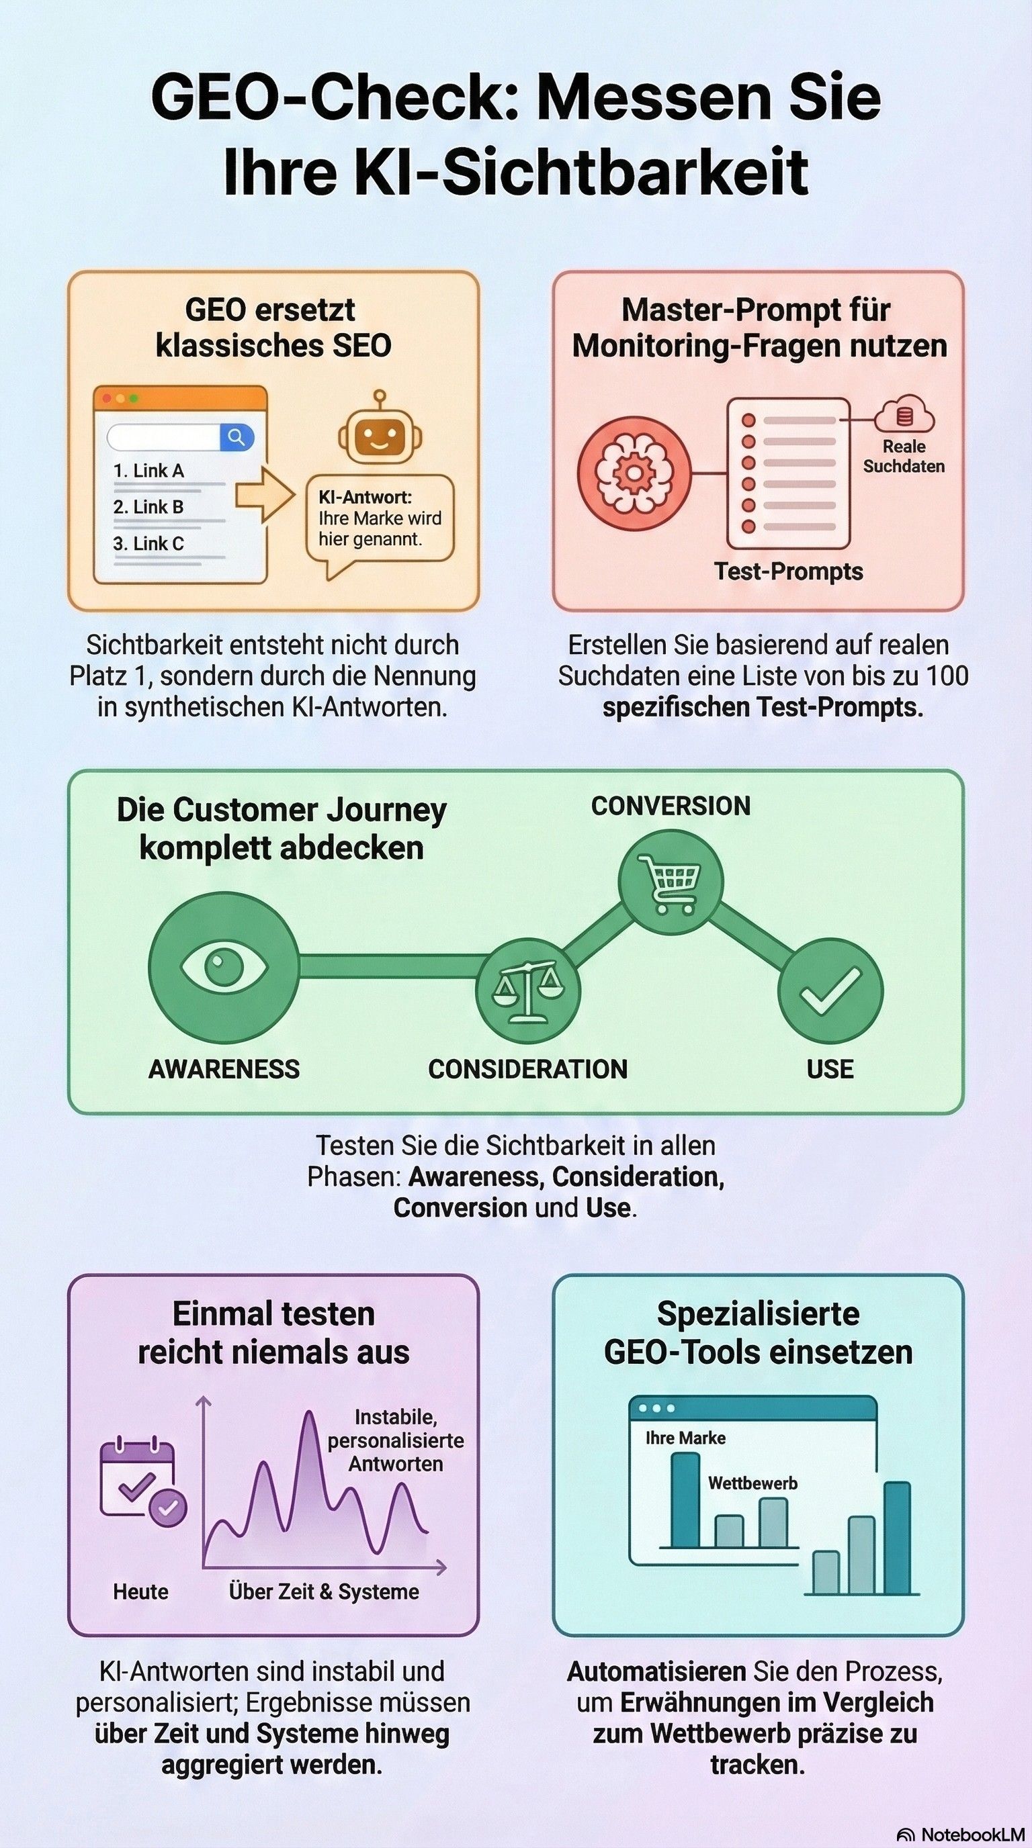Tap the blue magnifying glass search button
click(x=236, y=436)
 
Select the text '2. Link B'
click(x=148, y=506)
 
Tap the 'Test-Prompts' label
click(x=788, y=571)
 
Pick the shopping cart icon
click(x=671, y=882)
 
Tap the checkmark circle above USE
click(x=830, y=990)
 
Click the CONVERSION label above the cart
click(x=671, y=806)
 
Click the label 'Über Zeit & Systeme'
click(x=324, y=1591)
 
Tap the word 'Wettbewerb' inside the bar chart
click(x=752, y=1483)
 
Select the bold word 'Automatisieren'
click(x=656, y=1671)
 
